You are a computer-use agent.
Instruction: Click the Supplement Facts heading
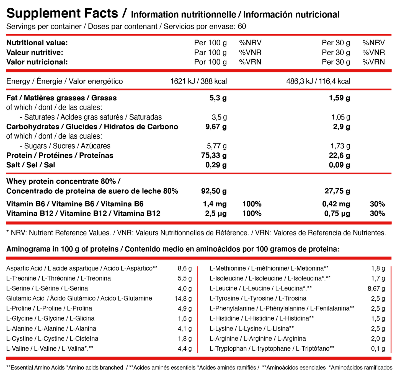tap(62, 13)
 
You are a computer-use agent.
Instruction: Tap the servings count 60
tap(242, 27)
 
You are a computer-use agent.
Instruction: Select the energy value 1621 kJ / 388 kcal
tap(198, 81)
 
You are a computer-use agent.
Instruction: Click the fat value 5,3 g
tap(218, 98)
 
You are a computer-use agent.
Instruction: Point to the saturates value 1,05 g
tap(341, 117)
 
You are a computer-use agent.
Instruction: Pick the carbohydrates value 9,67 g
tap(215, 127)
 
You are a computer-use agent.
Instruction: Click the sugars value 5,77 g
tap(217, 146)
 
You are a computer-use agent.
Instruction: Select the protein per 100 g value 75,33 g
tap(214, 155)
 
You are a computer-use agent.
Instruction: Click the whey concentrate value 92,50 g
tap(214, 191)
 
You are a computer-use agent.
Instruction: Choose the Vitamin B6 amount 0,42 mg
tap(336, 204)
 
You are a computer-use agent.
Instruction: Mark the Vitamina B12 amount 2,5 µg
tap(215, 214)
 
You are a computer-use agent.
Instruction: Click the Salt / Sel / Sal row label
tap(30, 165)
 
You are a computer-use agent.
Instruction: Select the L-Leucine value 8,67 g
tap(376, 288)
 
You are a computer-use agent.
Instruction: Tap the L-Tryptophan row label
tap(272, 349)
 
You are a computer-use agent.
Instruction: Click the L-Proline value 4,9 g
tap(185, 308)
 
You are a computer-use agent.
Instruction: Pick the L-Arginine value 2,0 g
tap(378, 339)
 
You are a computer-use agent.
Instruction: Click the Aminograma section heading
tap(172, 249)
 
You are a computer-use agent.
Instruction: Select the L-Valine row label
tap(50, 349)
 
